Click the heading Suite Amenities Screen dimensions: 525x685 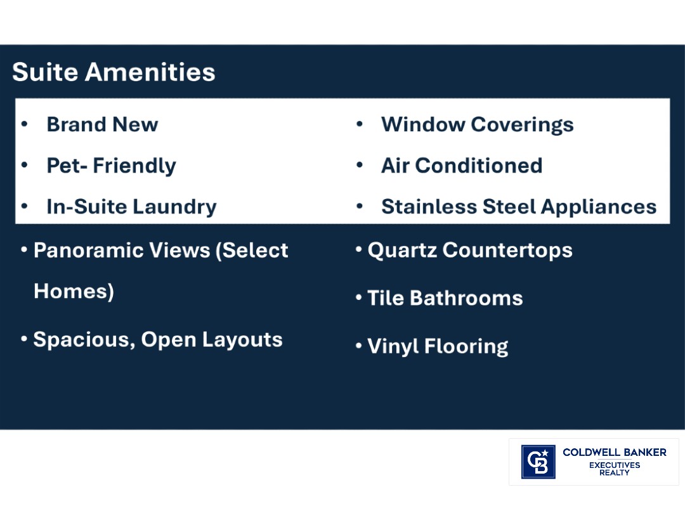coord(114,72)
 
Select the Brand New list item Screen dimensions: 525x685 coord(102,124)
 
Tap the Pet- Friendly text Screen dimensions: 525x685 coord(111,165)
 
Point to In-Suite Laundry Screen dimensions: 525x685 coord(131,207)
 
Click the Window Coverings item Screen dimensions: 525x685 coord(477,124)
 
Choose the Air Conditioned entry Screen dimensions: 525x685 coord(461,165)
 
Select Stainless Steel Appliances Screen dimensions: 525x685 coord(518,207)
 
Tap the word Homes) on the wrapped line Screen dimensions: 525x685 coord(74,291)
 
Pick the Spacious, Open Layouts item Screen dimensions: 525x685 coord(157,340)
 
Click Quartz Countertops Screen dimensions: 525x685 coord(469,250)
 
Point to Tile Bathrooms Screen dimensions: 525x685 coord(445,298)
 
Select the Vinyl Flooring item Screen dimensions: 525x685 coord(438,346)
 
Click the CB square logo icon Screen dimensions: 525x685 coord(538,462)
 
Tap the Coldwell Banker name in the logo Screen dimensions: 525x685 coord(614,452)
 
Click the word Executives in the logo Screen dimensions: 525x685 coord(614,465)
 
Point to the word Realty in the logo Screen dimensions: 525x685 coord(614,473)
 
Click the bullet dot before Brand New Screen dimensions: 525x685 coord(25,124)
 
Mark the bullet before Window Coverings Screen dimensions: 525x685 coord(359,124)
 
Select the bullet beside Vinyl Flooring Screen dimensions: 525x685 coord(359,346)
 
